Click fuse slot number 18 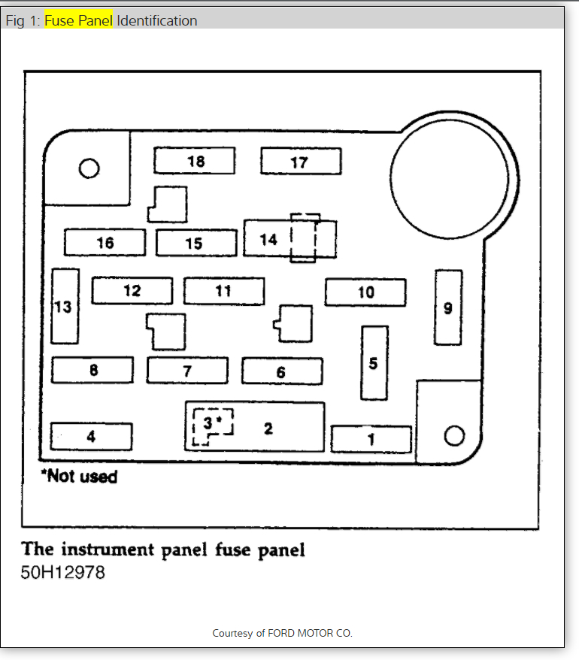coord(195,161)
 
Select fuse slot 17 coord(301,162)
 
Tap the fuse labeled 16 coord(105,243)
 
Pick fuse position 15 coord(195,243)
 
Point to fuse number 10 coord(365,292)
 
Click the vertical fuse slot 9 coord(448,307)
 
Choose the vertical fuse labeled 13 coord(65,306)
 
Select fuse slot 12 coord(132,291)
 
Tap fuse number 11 coord(223,291)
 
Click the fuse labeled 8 coord(92,370)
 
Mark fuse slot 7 coord(187,371)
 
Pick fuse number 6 coord(281,371)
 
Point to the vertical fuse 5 coord(374,363)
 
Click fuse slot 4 coord(91,436)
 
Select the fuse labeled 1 coord(371,439)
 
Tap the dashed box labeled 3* coord(212,425)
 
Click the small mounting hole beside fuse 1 coord(453,435)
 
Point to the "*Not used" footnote coord(79,476)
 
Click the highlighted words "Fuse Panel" coord(78,20)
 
